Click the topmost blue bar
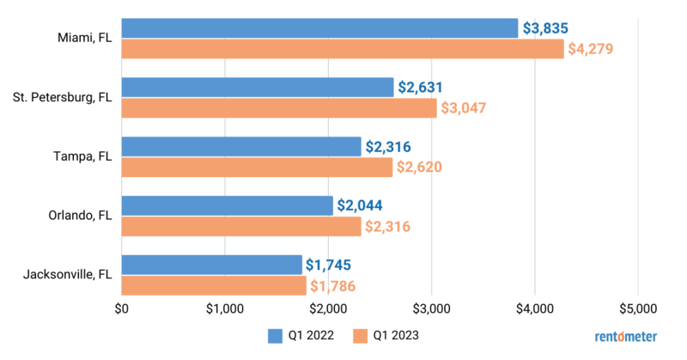point(320,28)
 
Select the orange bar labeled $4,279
point(343,50)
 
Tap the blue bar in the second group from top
point(258,87)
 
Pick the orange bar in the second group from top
point(279,108)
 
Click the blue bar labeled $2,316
point(241,146)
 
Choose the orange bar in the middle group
point(257,168)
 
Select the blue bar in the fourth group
point(227,205)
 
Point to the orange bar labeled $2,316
point(241,227)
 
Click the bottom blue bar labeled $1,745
point(212,265)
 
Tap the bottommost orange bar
point(214,286)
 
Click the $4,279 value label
point(591,50)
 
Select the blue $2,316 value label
point(388,146)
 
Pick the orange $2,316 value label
point(388,227)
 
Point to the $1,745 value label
point(329,265)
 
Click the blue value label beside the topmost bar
point(546,28)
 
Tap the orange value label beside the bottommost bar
point(332,286)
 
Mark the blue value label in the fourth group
point(360,205)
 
